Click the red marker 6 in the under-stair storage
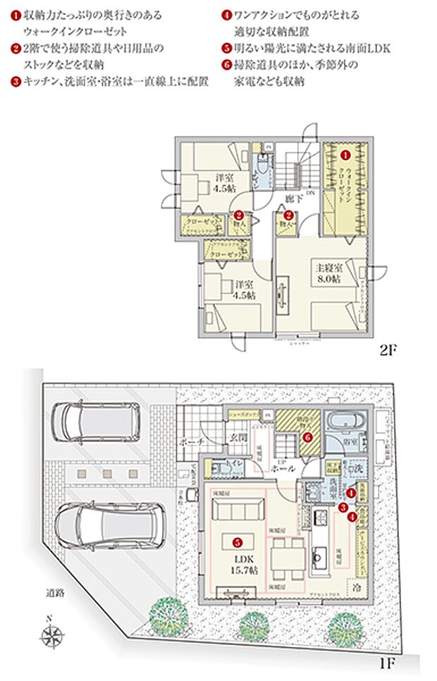coord(307,437)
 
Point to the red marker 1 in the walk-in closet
coord(345,153)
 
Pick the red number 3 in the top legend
coord(15,81)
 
